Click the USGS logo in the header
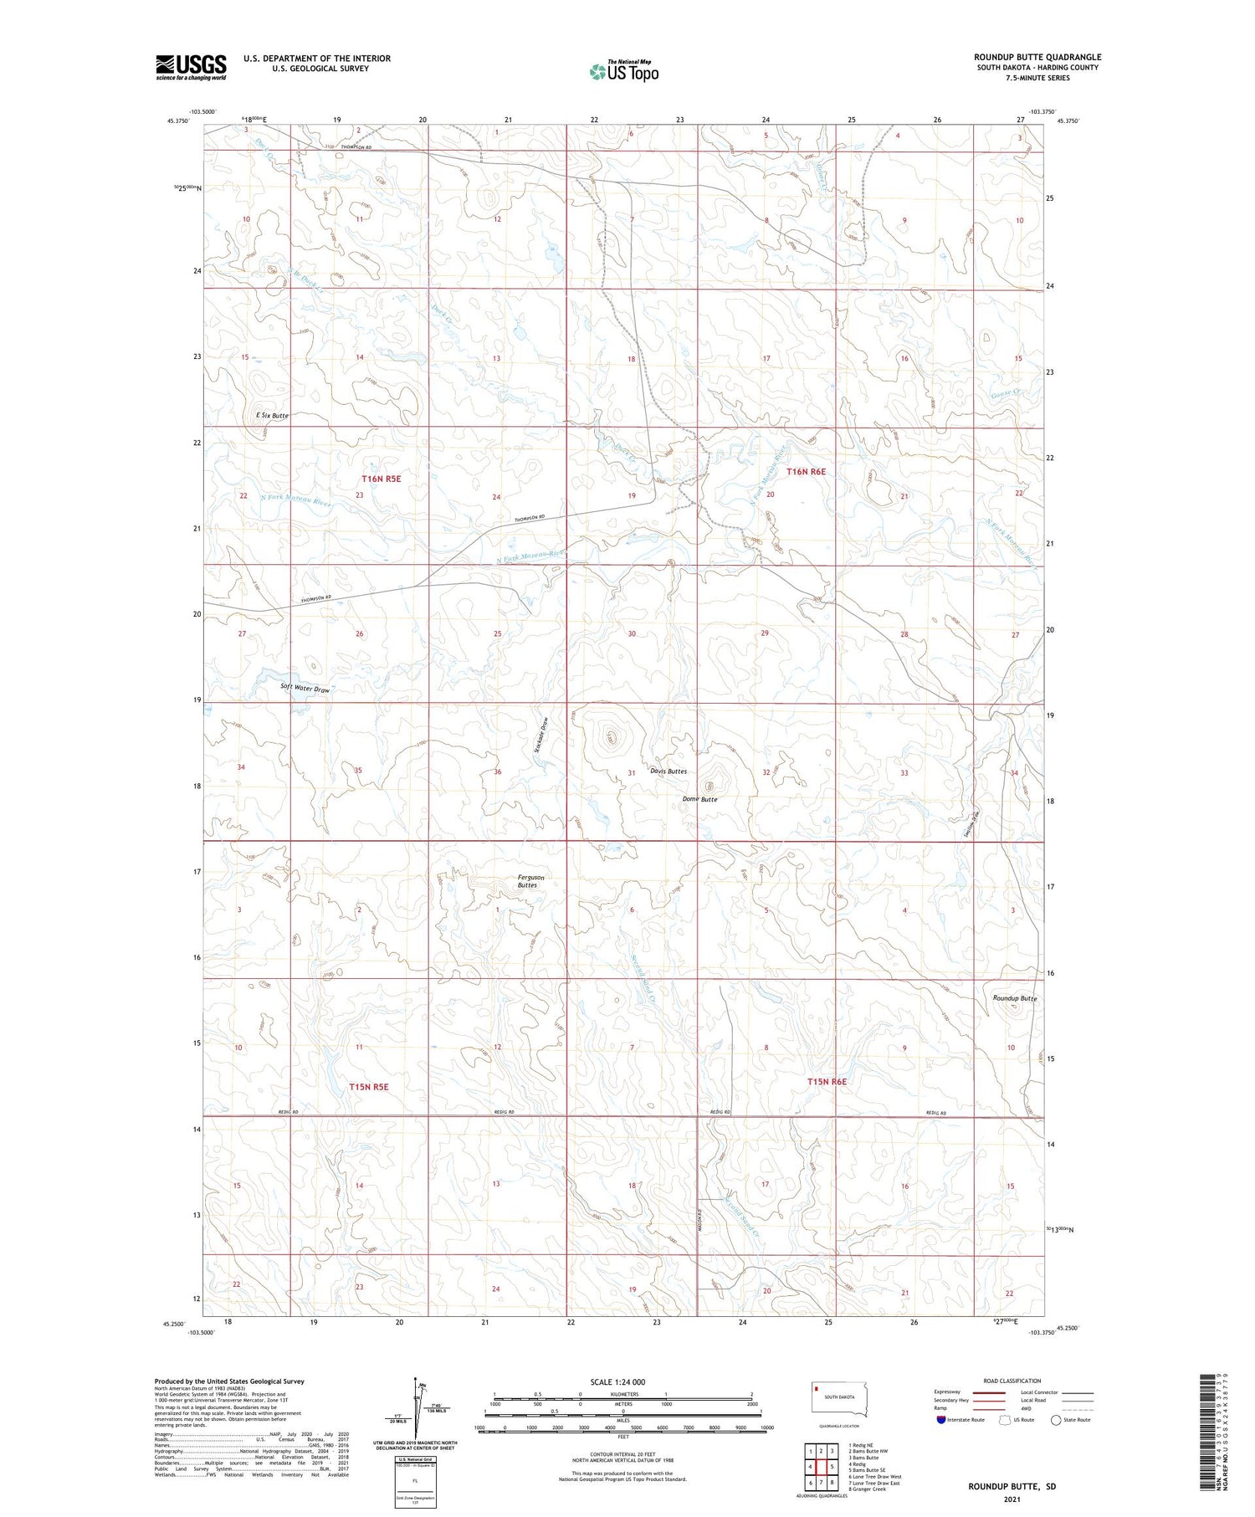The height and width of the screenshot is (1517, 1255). click(x=191, y=67)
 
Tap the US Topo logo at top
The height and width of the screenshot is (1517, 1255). click(x=624, y=72)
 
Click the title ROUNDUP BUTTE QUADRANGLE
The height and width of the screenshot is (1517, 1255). click(x=1037, y=58)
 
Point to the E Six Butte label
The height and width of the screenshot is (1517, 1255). click(x=272, y=415)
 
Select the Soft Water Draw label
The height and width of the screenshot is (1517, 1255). click(x=305, y=689)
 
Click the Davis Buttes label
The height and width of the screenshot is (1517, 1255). click(x=668, y=771)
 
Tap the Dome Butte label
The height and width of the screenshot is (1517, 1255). click(x=699, y=800)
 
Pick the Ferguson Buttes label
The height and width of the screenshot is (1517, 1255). click(x=530, y=881)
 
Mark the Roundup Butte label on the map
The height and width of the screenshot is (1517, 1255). click(x=1014, y=998)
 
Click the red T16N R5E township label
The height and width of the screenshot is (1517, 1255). click(x=382, y=479)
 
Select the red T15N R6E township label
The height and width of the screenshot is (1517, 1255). click(x=827, y=1082)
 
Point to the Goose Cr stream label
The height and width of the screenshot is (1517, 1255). click(x=1006, y=393)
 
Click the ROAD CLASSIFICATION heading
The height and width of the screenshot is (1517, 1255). click(x=1012, y=1381)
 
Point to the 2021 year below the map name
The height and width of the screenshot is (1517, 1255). click(x=1012, y=1498)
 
